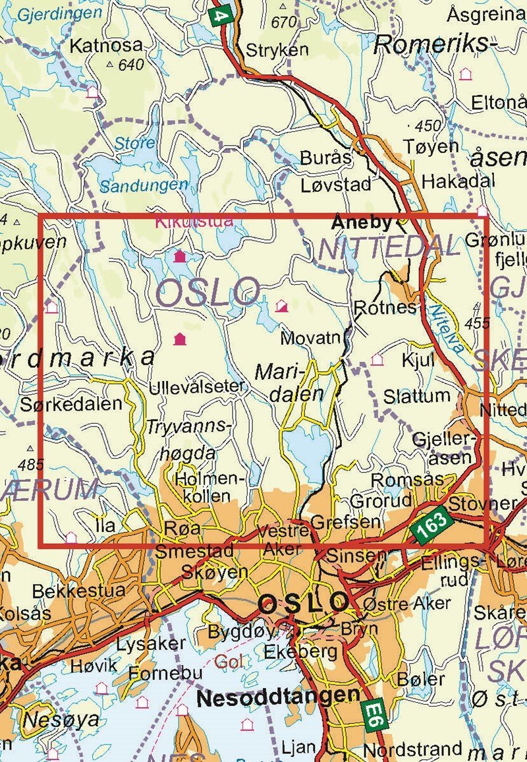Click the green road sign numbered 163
coord(432,524)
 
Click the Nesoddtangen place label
coord(279,696)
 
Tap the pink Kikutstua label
coord(194,221)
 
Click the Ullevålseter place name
coord(198,386)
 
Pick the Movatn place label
coord(310,339)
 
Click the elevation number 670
coord(283,22)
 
